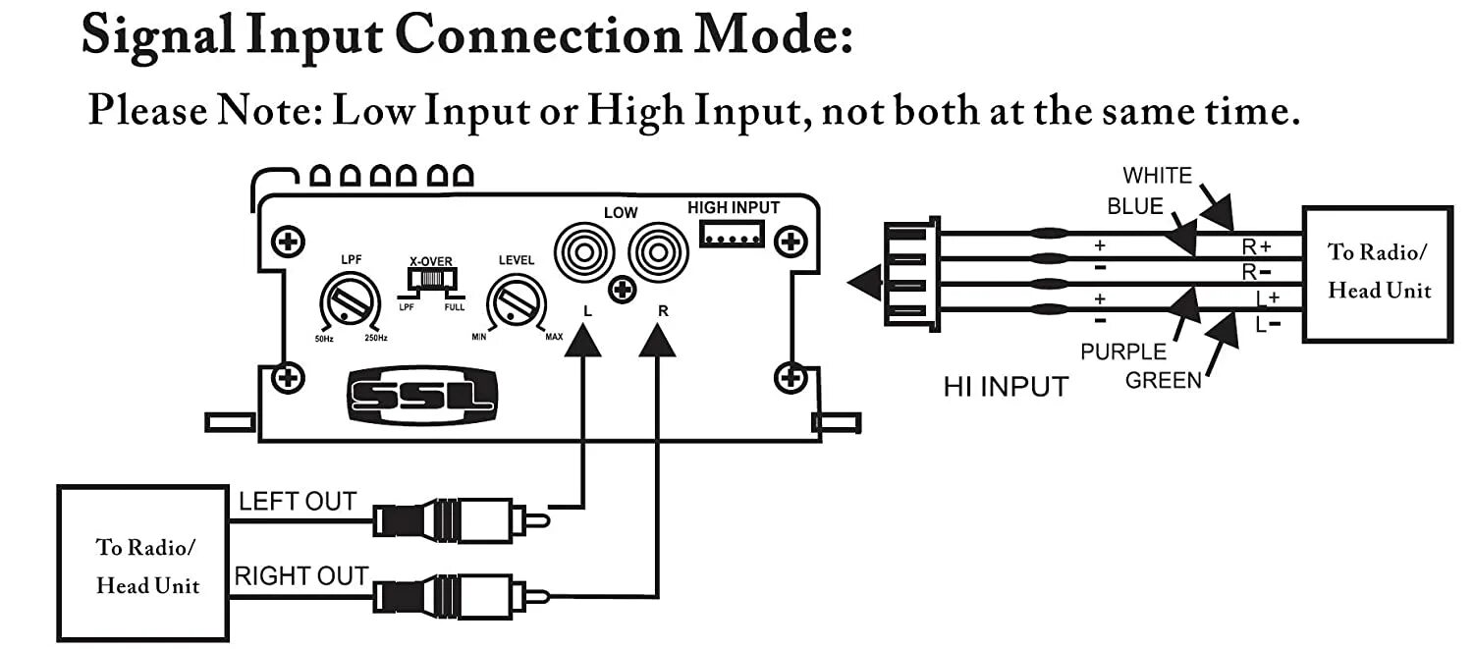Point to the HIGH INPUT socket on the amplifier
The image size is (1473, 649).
732,233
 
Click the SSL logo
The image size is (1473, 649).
423,398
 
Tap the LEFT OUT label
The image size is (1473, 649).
298,501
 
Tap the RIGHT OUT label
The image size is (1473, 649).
301,576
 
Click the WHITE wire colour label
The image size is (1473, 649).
1157,176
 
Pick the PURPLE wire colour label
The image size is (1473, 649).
1123,352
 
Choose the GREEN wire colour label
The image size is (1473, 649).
1164,380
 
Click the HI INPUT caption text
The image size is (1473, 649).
1005,386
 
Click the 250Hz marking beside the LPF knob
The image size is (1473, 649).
376,339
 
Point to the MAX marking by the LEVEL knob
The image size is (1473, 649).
554,338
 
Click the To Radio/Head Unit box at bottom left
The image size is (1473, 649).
144,564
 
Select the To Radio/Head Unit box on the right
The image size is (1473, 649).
1377,273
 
